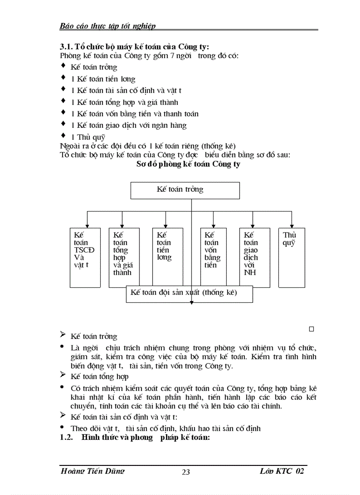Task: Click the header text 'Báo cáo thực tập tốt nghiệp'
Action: pos(108,26)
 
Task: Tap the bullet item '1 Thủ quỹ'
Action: pos(88,137)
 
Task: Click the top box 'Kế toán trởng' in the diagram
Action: pos(185,190)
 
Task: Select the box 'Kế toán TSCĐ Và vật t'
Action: pos(85,257)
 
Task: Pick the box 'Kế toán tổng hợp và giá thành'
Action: pos(124,257)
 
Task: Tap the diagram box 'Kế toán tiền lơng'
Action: pos(167,257)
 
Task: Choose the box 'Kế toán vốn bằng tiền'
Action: pos(213,257)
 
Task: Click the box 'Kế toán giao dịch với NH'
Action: pos(255,257)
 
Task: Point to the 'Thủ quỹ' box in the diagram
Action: pos(291,257)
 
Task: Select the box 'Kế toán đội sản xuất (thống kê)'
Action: pos(189,294)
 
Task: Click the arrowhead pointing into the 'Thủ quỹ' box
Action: pos(291,225)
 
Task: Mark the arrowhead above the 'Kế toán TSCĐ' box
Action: pos(87,225)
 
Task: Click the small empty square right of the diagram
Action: pos(311,329)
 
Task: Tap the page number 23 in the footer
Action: pos(186,472)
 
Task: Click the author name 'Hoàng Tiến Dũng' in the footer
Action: pos(92,471)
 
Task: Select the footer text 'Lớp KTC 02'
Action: pos(282,471)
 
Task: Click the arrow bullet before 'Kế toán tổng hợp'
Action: pos(63,376)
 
